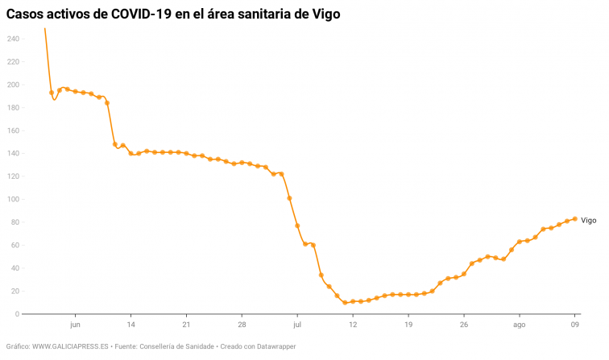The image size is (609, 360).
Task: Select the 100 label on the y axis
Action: point(12,199)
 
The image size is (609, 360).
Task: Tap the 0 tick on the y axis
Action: point(16,314)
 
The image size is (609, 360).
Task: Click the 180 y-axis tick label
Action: point(12,107)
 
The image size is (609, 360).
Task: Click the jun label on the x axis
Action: point(75,325)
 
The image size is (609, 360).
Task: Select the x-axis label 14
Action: point(130,325)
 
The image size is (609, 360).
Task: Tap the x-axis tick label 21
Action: point(186,325)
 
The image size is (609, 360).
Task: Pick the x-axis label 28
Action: point(242,325)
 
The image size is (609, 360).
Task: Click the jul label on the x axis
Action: point(297,325)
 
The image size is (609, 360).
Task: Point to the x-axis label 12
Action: point(353,325)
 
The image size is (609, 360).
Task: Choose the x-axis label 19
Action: point(408,325)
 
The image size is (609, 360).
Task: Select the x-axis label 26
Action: point(464,325)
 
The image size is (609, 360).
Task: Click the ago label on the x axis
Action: point(520,325)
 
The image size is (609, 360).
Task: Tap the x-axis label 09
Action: point(575,325)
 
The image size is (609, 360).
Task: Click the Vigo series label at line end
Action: point(589,220)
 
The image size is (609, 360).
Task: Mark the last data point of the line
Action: point(575,219)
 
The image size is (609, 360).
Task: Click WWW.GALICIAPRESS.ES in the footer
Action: point(71,346)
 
